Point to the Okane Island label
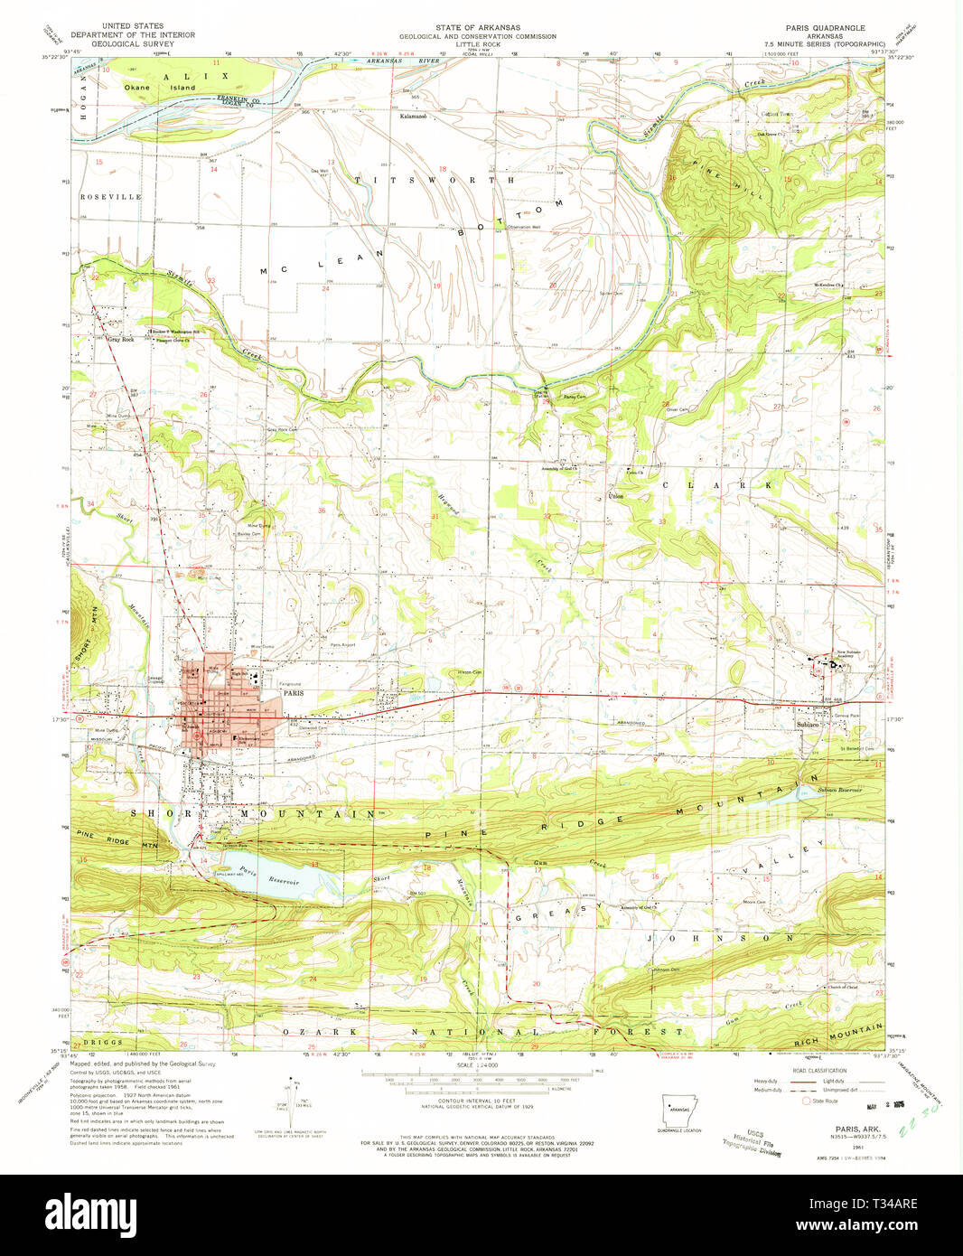(160, 88)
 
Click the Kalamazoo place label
(414, 117)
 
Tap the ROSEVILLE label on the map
(110, 196)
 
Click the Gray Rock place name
(120, 340)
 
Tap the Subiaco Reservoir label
(839, 790)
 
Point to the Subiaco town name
(808, 725)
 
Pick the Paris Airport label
(342, 645)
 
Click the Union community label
(615, 496)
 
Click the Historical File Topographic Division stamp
(752, 1142)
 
